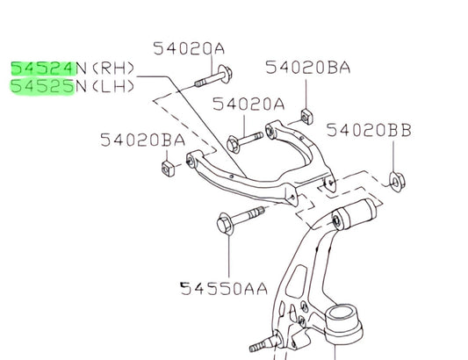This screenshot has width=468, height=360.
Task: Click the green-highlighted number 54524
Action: [x=43, y=68]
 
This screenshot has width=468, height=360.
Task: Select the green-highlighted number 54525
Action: [x=42, y=87]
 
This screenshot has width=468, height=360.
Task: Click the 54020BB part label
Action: [x=369, y=131]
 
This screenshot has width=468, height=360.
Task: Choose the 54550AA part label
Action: [x=224, y=289]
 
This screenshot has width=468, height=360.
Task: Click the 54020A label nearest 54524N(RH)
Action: [x=189, y=48]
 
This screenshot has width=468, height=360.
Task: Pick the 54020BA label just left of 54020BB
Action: [x=307, y=68]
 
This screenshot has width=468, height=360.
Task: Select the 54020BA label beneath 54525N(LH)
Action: [x=142, y=140]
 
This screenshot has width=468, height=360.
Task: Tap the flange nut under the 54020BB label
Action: [x=397, y=182]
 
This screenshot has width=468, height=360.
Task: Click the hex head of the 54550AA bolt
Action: [x=225, y=224]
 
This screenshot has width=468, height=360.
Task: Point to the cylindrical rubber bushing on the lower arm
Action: [x=354, y=214]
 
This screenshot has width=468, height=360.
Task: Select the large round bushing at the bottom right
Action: [x=342, y=323]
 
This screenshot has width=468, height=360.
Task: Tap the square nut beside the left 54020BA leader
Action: [x=168, y=169]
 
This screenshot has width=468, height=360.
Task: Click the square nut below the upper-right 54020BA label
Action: [x=306, y=117]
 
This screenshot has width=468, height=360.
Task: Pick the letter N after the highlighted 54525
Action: [x=81, y=87]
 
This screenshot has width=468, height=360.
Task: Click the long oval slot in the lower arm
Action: [x=297, y=281]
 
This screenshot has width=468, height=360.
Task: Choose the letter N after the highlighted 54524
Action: [x=81, y=68]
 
